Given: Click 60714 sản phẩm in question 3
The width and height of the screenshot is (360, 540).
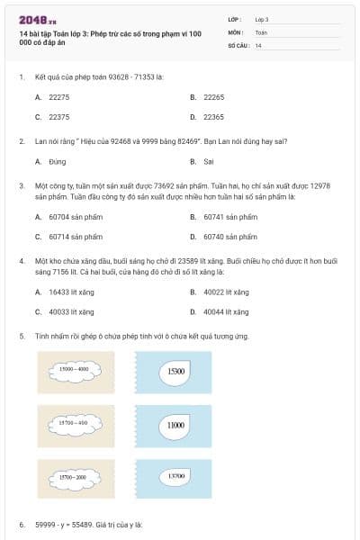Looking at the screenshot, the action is [76, 237].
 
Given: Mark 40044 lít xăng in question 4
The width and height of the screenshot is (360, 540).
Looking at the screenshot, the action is [225, 311].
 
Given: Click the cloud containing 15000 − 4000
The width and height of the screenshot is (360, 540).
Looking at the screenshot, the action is [74, 370].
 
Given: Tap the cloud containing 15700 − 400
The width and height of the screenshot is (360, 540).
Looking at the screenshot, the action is [73, 422].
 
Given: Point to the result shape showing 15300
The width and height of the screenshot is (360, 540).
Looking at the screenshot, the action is [175, 371].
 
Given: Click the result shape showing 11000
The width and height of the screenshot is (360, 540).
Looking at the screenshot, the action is [175, 424].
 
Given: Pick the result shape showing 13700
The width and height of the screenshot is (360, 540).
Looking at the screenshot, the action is [175, 476].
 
